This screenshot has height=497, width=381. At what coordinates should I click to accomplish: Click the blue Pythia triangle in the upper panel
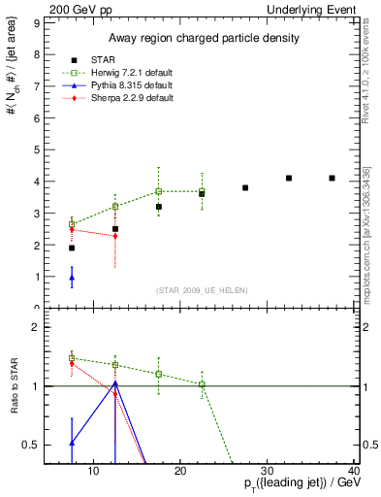72,278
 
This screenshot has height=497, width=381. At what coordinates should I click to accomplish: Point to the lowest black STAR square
72,248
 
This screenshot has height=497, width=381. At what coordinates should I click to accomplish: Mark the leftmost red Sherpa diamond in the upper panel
72,230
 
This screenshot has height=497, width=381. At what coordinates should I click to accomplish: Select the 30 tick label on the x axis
269,471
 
